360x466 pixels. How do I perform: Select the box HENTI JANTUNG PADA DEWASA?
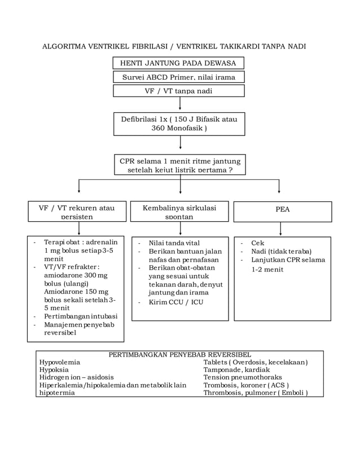[x=179, y=63]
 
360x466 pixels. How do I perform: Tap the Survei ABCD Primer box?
[x=179, y=77]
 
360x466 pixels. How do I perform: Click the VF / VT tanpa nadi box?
[x=179, y=91]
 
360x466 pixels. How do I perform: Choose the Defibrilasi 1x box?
[x=179, y=124]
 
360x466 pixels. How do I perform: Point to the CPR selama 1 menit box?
[x=180, y=165]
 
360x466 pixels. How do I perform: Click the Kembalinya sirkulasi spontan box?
[x=179, y=212]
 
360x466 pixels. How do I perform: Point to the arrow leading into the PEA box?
[x=279, y=187]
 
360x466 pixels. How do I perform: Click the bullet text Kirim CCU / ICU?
[x=175, y=302]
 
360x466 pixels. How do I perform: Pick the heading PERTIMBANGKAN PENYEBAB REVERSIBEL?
[x=179, y=354]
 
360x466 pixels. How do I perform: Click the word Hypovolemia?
[x=60, y=362]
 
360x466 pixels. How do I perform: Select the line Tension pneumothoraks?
[x=243, y=377]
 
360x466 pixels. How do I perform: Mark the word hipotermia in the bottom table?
[x=57, y=393]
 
